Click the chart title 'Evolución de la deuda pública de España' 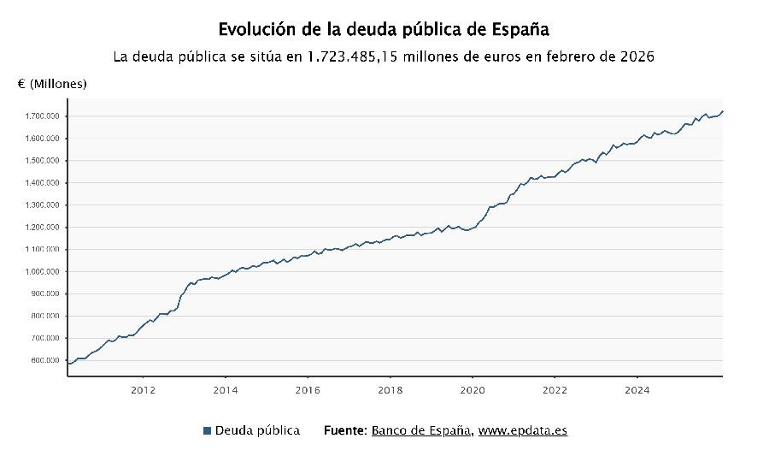384,29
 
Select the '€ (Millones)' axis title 52,84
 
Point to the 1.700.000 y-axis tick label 41,116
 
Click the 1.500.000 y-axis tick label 41,161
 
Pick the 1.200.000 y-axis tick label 41,228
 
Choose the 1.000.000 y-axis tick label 41,272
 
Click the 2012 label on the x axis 143,390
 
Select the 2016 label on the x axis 308,390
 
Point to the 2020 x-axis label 473,390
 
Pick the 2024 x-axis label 637,390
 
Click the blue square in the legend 208,430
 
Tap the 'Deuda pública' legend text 257,430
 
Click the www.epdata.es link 523,430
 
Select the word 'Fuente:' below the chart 345,430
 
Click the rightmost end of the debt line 722,111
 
